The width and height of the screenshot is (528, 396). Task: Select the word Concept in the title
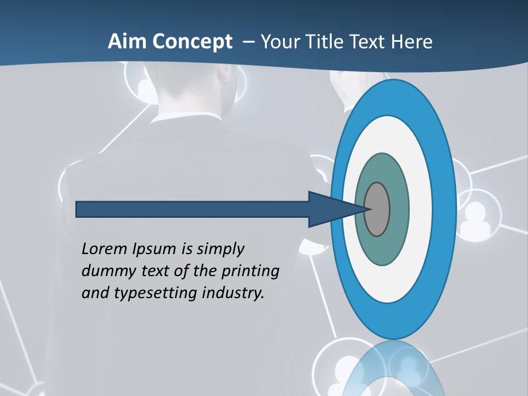coord(193,42)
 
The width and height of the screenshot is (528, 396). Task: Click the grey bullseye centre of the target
coord(377,210)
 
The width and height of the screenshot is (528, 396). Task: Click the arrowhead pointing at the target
coord(330,210)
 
